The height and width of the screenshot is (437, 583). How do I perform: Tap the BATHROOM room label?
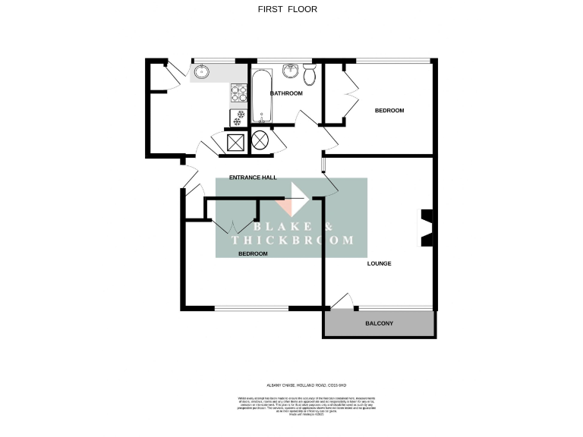287,93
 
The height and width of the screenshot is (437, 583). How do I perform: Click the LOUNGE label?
379,263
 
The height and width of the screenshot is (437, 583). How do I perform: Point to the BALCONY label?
380,324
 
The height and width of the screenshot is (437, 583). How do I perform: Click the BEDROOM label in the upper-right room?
389,111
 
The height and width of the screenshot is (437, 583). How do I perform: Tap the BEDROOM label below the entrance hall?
253,254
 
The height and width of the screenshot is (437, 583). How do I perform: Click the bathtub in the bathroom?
261,96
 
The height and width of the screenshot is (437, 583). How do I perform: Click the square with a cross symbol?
235,142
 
